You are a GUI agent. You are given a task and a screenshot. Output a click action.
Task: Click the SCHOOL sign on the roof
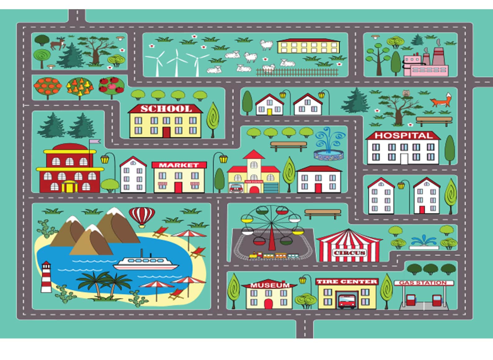(166, 109)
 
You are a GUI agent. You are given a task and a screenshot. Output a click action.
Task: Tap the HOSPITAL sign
(403, 136)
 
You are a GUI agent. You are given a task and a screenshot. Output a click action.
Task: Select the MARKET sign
(179, 165)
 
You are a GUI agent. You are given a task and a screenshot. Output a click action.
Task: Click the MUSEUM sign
(269, 285)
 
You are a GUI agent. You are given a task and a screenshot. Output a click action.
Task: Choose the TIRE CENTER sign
(347, 281)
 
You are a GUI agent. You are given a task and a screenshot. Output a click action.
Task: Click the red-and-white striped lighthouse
(46, 277)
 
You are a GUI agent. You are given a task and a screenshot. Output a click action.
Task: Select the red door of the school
(167, 133)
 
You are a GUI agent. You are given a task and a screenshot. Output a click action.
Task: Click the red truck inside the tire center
(347, 301)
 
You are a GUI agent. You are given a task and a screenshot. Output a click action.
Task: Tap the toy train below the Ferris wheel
(273, 256)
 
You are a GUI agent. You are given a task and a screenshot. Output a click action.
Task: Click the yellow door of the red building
(69, 187)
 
